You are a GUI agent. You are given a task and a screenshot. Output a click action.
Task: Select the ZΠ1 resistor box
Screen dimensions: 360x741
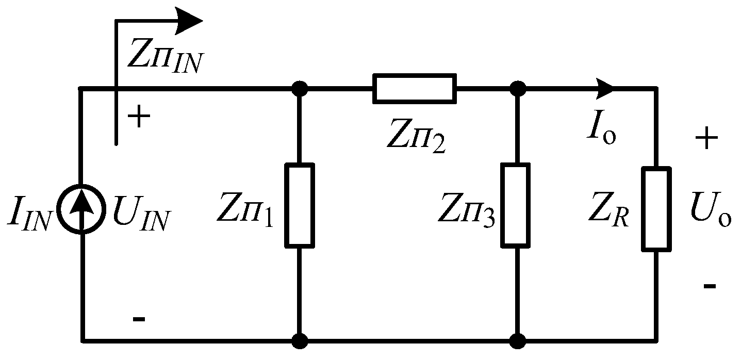[x=300, y=205]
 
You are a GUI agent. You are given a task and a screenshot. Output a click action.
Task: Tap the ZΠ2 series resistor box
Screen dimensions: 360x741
[x=414, y=88]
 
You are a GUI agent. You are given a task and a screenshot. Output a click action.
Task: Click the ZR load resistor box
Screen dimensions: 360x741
[x=656, y=209]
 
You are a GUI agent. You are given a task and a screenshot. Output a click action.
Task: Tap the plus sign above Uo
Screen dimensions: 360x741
[x=707, y=138]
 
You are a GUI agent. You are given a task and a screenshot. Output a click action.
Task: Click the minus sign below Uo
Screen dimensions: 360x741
[x=709, y=285]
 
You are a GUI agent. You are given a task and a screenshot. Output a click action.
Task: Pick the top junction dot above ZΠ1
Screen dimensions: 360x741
[x=300, y=89]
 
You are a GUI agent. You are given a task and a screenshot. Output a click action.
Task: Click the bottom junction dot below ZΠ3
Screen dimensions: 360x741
[x=516, y=341]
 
